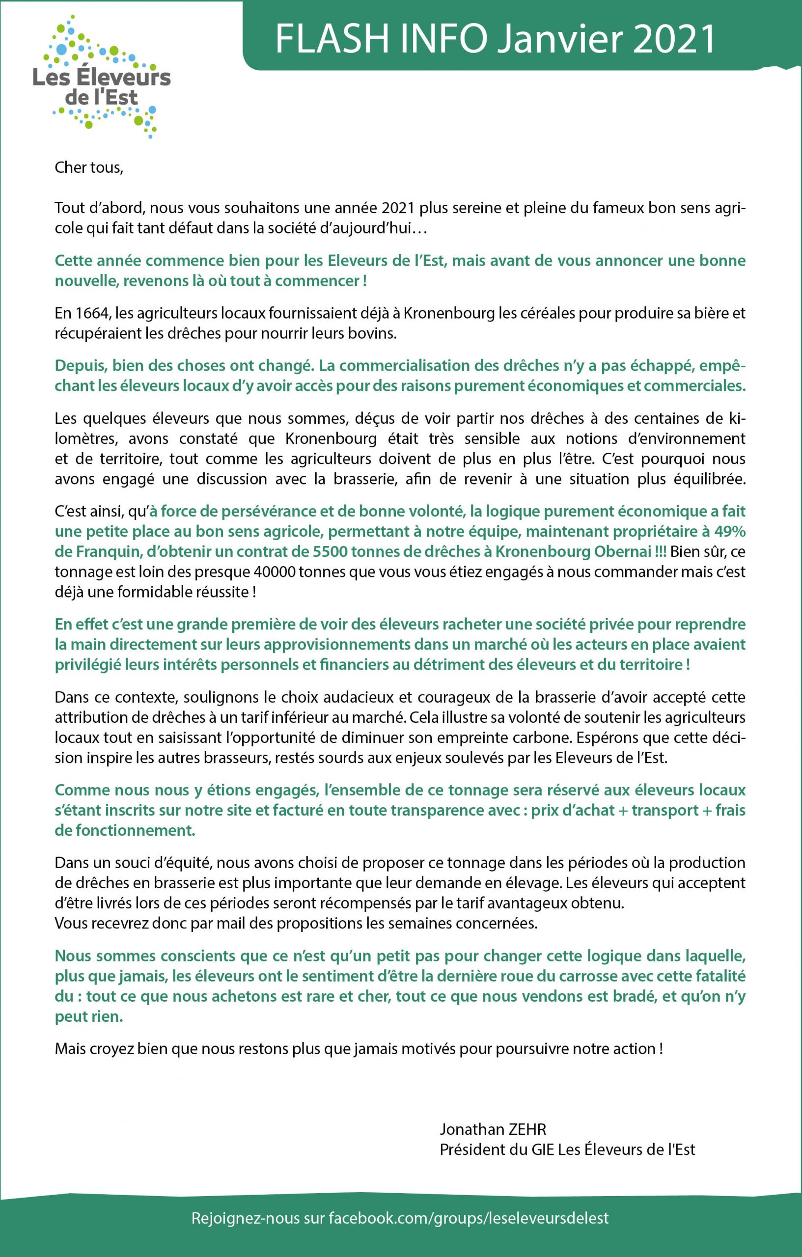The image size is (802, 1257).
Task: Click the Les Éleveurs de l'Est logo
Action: [x=102, y=78]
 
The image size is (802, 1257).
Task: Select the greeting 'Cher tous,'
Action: [x=89, y=167]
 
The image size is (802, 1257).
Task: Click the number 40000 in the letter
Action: [x=273, y=572]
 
